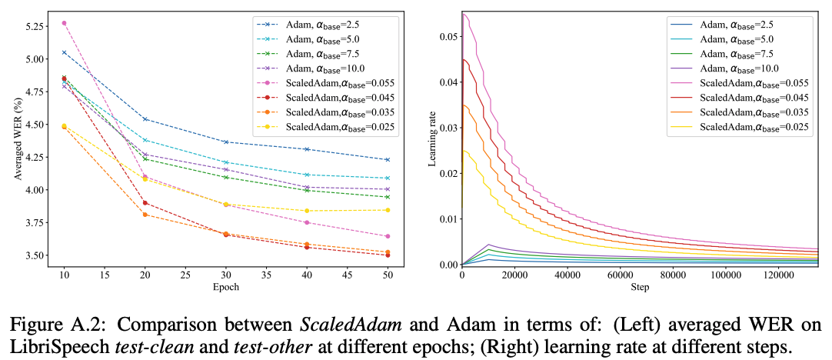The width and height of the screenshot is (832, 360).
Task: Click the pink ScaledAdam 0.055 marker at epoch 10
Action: pos(64,23)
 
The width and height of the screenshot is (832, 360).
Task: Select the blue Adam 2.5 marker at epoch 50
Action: pos(387,160)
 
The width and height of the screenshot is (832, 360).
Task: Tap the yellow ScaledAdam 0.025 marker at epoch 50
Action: pos(387,210)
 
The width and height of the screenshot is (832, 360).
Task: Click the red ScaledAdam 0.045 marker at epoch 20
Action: pos(145,203)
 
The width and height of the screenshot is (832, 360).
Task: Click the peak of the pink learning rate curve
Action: pos(464,14)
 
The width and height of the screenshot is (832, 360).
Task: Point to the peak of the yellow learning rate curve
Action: pos(464,151)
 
